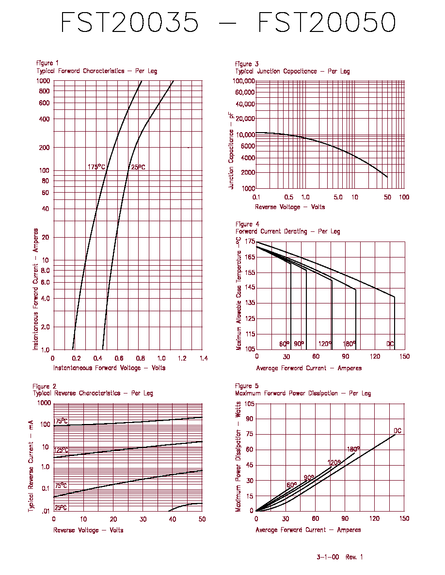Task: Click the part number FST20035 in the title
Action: coord(129,22)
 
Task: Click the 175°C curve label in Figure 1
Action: coord(96,167)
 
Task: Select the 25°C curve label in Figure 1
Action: coord(138,167)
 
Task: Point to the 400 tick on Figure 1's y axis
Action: coord(44,119)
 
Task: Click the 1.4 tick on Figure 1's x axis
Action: coord(204,358)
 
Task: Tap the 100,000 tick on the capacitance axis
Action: coord(244,81)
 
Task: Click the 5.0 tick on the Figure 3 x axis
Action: coord(338,197)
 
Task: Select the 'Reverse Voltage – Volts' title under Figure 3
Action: coord(290,207)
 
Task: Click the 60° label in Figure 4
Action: coord(284,344)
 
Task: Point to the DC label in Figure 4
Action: coord(390,344)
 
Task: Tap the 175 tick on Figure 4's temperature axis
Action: coord(250,242)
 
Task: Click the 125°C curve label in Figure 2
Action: coord(61,450)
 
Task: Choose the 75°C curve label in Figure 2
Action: coord(61,485)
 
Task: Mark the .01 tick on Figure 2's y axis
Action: coord(45,511)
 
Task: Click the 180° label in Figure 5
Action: coord(353,449)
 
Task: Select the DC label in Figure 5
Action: coord(397,430)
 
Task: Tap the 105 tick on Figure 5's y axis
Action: coord(249,404)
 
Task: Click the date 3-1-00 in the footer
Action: coord(328,557)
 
